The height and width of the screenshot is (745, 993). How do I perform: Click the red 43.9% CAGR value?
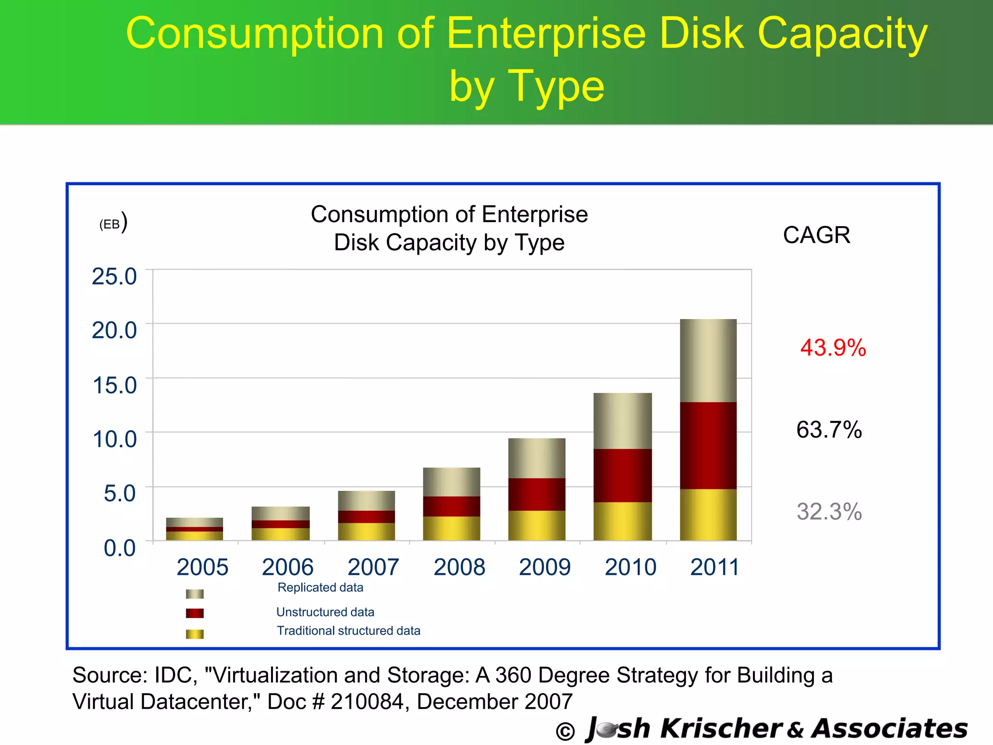pos(833,348)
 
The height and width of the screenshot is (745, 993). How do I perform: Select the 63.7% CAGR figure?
pos(829,430)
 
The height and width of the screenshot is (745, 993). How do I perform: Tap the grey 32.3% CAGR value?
pos(829,512)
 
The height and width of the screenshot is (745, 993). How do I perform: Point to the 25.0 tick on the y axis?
pos(114,276)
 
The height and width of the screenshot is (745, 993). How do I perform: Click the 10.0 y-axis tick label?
pos(114,439)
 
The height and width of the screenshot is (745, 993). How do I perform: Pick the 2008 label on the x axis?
pos(459,567)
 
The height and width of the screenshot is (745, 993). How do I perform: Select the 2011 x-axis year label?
pos(714,567)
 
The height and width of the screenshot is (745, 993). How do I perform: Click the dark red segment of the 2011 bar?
pos(708,445)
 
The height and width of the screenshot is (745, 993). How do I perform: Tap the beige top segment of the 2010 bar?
pos(622,421)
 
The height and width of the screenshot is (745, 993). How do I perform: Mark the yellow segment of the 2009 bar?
pos(536,525)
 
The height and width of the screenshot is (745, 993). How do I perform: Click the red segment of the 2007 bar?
pos(366,517)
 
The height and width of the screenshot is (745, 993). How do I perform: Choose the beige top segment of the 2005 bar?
pos(194,522)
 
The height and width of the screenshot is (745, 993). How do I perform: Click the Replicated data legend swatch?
pos(194,594)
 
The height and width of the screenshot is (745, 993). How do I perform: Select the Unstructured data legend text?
pos(325,612)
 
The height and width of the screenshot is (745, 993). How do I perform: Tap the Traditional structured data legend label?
pos(348,631)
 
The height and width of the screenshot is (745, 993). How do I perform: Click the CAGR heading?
pos(816,235)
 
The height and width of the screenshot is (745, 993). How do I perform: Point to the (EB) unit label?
pos(112,223)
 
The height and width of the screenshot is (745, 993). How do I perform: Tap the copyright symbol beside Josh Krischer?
pos(565,731)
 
